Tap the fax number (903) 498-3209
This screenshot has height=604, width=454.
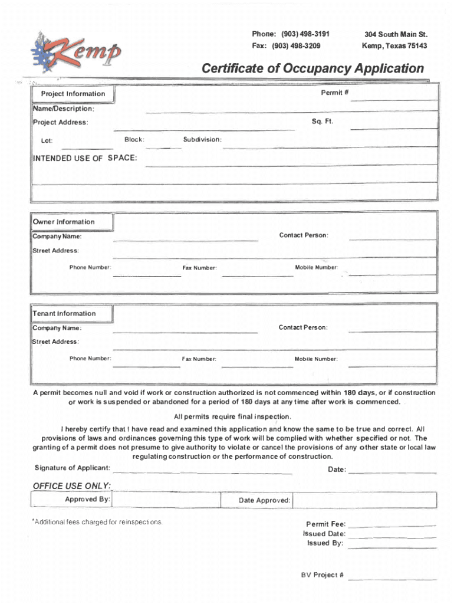point(287,45)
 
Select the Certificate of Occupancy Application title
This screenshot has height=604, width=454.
point(312,68)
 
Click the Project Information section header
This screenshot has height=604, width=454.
point(73,94)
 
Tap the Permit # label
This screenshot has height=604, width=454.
point(332,93)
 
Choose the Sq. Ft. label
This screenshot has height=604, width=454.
point(323,121)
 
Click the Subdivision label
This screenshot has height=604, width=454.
point(202,140)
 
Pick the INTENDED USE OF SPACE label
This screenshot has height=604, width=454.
point(85,158)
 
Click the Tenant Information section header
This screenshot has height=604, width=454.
point(64,313)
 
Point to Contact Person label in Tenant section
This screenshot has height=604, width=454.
point(303,327)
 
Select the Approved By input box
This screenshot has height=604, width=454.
point(166,500)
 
